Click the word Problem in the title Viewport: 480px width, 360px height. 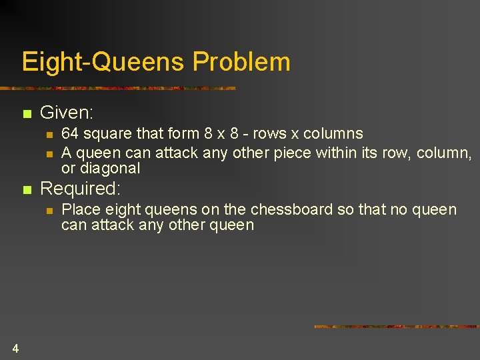coord(241,62)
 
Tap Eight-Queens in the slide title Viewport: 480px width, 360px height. coord(103,62)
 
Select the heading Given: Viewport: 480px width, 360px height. coord(67,113)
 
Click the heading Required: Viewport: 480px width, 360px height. coord(81,190)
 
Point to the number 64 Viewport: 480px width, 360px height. coord(70,134)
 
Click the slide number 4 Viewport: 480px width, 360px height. coord(15,347)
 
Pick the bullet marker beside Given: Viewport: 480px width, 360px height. coord(27,114)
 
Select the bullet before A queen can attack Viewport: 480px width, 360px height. coord(49,154)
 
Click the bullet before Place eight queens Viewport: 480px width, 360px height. coord(49,211)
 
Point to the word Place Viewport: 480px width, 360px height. coord(79,209)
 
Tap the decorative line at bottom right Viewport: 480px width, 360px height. coord(396,327)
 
